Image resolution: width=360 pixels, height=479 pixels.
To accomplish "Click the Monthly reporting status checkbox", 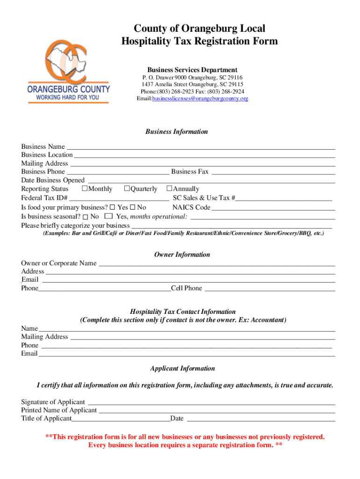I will pos(85,189).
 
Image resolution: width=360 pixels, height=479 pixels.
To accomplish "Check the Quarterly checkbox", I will pos(127,189).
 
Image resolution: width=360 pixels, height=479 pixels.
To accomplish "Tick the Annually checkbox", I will pos(170,189).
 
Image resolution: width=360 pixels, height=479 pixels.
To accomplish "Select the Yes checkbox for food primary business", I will pos(113,207).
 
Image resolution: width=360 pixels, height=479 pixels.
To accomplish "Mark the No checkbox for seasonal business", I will pos(86,217).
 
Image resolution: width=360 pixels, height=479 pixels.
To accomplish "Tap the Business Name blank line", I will pos(200,146).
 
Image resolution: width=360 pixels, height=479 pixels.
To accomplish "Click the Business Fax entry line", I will pos(273,172).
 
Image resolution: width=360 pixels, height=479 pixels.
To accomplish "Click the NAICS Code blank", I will pos(274,207).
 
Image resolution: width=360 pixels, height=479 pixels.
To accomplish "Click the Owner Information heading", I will pos(182,254).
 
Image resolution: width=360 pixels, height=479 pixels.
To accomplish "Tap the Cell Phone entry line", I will pos(270,288).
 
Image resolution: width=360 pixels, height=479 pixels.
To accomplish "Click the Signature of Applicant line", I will pos(211,402).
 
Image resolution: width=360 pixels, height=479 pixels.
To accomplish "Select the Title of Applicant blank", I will pos(121,419).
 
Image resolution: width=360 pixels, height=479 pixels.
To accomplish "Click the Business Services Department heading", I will pos(192,70).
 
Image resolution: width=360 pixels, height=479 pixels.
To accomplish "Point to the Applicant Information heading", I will pos(182,368).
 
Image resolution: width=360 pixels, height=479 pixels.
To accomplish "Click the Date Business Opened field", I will pos(211,180).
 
